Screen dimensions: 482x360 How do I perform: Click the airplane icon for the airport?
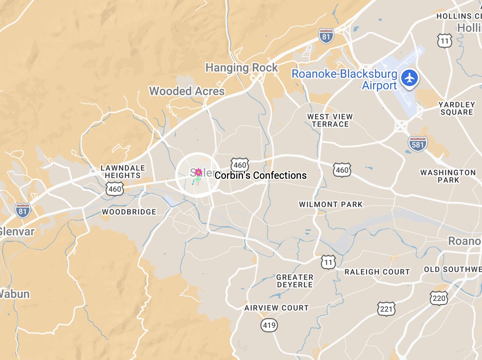coord(410,78)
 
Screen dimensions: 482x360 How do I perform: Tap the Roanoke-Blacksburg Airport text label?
coord(345,80)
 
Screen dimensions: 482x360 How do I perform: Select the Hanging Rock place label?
coord(242,67)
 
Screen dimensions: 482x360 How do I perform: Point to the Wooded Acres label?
coord(187,91)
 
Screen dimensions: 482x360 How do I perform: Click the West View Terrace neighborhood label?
coord(330,120)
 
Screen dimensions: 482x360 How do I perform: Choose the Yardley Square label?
coord(457,108)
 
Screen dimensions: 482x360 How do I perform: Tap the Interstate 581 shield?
coord(417,144)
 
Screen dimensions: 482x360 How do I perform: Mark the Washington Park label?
coord(448,176)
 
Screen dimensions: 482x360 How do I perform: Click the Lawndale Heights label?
coord(123,172)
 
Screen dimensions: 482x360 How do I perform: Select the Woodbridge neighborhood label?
coord(129,212)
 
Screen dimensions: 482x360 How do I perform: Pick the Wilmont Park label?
coord(331,204)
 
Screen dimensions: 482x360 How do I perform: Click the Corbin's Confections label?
coord(261,175)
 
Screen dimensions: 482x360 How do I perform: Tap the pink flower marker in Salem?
coord(198,172)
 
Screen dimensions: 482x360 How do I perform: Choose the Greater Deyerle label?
coord(295,281)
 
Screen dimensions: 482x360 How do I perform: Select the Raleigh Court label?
coord(377,272)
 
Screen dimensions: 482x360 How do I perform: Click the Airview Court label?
coord(277,308)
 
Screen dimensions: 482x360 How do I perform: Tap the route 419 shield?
coord(269,325)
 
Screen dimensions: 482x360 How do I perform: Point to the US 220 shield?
coord(439,298)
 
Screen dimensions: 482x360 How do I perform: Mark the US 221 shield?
coord(386,309)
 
